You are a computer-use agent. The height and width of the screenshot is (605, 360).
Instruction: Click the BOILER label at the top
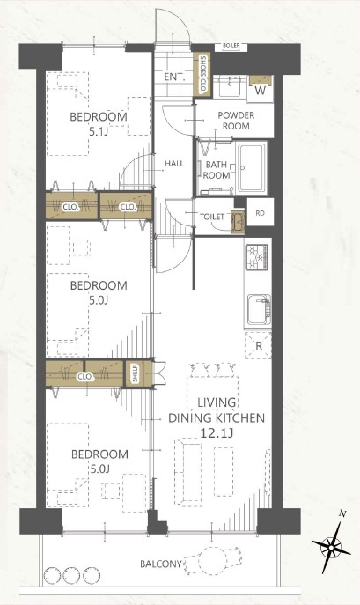click(x=231, y=46)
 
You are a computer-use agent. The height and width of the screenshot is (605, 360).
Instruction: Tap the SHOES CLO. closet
click(x=202, y=75)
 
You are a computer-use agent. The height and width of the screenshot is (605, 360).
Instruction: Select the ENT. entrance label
click(x=175, y=77)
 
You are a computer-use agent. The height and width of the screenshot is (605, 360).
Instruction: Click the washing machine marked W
click(x=261, y=88)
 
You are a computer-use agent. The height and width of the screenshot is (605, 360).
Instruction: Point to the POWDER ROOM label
click(x=236, y=121)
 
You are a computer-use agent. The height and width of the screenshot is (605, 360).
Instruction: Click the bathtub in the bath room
click(x=253, y=168)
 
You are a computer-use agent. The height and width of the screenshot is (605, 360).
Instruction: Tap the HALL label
click(x=174, y=164)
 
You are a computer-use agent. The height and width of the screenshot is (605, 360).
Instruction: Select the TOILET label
click(x=212, y=217)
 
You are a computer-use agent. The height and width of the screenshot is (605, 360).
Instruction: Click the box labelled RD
click(x=261, y=212)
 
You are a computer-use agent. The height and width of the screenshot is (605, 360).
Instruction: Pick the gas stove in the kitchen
click(x=257, y=257)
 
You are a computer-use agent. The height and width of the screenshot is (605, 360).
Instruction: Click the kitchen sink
click(x=259, y=310)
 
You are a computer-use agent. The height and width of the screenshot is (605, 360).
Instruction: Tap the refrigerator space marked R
click(x=258, y=345)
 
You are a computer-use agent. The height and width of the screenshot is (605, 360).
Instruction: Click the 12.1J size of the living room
click(x=217, y=433)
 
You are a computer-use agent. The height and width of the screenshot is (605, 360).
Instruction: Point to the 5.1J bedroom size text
click(x=99, y=132)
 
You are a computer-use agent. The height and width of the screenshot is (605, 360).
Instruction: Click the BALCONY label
click(x=160, y=564)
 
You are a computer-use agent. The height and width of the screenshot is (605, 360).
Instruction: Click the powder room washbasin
click(x=230, y=85)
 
